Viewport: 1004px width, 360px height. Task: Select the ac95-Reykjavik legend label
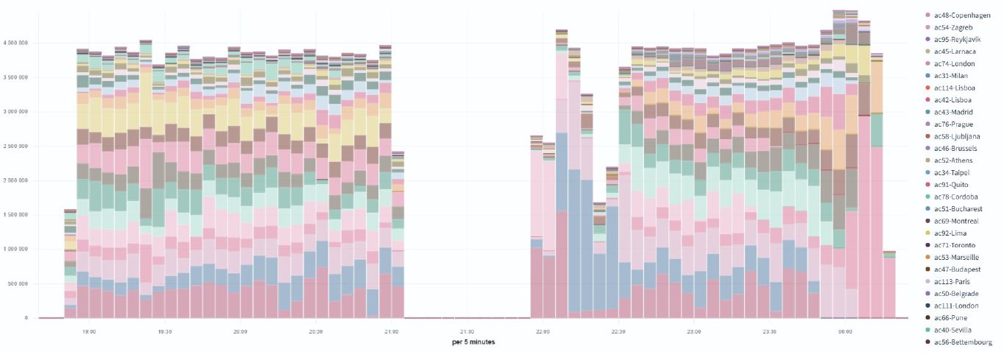[956, 39]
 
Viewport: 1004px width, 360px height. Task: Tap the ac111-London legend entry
[958, 306]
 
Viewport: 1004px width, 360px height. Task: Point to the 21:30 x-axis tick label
[467, 332]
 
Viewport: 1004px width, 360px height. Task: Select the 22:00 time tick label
[542, 332]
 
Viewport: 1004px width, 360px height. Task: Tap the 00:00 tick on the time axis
[845, 332]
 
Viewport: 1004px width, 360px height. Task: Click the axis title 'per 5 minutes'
[473, 342]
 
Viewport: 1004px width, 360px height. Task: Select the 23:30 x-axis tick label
[769, 332]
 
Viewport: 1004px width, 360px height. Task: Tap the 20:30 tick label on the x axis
[316, 332]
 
